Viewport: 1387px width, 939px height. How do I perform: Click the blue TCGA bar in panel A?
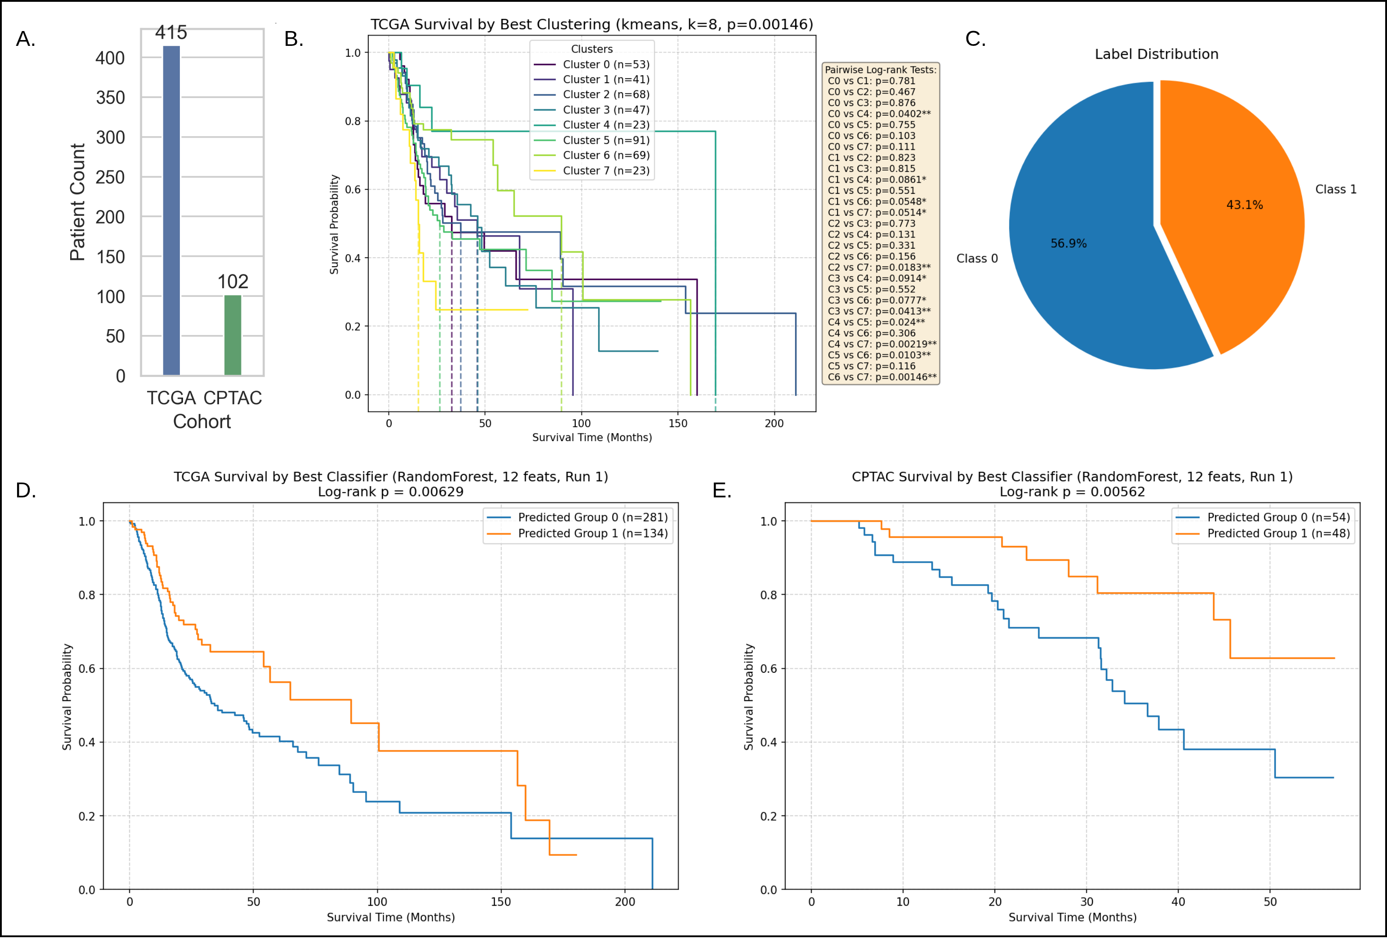click(x=171, y=210)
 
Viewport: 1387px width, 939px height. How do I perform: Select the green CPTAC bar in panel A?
click(x=233, y=335)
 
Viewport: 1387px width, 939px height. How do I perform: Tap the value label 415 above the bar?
click(x=171, y=32)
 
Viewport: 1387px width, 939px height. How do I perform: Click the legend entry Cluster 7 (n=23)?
click(x=606, y=171)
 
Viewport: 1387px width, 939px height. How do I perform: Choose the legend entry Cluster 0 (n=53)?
click(x=606, y=64)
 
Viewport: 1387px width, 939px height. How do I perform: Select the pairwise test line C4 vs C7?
click(x=881, y=344)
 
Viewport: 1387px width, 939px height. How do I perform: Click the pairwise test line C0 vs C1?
click(x=871, y=81)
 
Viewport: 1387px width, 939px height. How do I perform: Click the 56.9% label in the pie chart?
click(x=1068, y=244)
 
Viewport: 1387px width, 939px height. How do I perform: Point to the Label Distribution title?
click(x=1156, y=54)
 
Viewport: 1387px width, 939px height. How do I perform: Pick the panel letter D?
click(x=26, y=491)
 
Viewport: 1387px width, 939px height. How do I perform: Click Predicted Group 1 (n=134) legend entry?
click(x=592, y=534)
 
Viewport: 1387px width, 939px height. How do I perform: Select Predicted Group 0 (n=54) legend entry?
click(x=1278, y=518)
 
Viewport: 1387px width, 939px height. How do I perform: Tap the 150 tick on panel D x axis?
click(x=501, y=902)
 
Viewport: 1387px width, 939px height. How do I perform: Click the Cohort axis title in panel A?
click(x=202, y=422)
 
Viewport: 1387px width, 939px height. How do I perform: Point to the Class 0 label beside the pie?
click(x=977, y=259)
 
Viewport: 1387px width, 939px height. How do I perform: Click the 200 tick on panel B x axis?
click(x=774, y=424)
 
